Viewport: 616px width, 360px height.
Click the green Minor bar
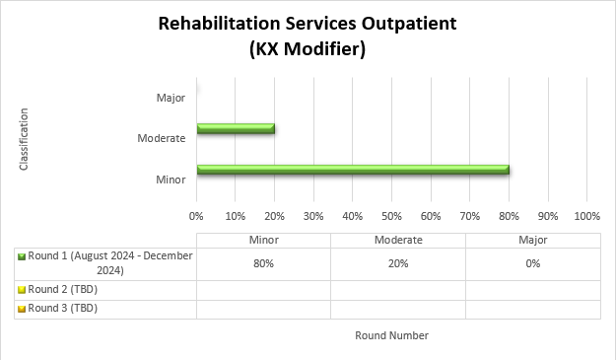pyautogui.click(x=353, y=170)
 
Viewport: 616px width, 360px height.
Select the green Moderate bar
pyautogui.click(x=236, y=128)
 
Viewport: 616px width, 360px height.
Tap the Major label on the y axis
pyautogui.click(x=171, y=98)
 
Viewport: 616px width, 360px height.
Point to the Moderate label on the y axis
pyautogui.click(x=162, y=138)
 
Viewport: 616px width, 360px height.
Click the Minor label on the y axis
pyautogui.click(x=171, y=179)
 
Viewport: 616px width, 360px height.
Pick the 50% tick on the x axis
pyautogui.click(x=391, y=215)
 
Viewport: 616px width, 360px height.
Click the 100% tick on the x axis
pyautogui.click(x=586, y=215)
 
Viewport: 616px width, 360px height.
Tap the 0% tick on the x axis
pyautogui.click(x=196, y=215)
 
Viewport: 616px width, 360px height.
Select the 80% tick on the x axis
pyautogui.click(x=509, y=215)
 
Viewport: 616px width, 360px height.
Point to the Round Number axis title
pyautogui.click(x=391, y=335)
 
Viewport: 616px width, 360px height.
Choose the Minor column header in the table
pyautogui.click(x=263, y=240)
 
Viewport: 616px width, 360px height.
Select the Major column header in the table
pyautogui.click(x=532, y=240)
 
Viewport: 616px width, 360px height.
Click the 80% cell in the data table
pyautogui.click(x=263, y=263)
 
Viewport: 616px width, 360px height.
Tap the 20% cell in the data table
pyautogui.click(x=397, y=263)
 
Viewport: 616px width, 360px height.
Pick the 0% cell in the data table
pyautogui.click(x=532, y=263)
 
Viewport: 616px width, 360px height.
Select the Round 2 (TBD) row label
pyautogui.click(x=64, y=290)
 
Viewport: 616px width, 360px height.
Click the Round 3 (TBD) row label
pyautogui.click(x=64, y=309)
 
